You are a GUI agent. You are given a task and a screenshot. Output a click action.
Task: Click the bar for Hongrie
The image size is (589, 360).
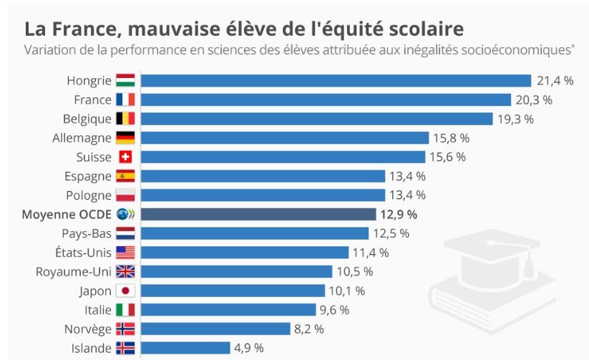click(336, 80)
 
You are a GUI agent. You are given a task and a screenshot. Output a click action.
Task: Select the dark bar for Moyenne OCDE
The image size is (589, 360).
click(258, 214)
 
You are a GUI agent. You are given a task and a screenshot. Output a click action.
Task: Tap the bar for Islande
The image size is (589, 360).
click(185, 348)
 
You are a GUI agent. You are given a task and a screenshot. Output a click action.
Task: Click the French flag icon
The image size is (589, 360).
click(125, 99)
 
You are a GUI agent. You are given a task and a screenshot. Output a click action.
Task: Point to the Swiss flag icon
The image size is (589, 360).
click(125, 157)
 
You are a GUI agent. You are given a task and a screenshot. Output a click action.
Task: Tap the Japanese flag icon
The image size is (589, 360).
click(125, 291)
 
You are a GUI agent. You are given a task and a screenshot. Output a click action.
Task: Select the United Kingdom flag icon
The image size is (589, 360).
click(125, 271)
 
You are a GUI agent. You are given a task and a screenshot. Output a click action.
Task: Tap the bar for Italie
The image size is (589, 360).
click(228, 310)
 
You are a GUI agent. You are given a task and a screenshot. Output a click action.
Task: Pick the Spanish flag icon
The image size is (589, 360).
click(125, 176)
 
